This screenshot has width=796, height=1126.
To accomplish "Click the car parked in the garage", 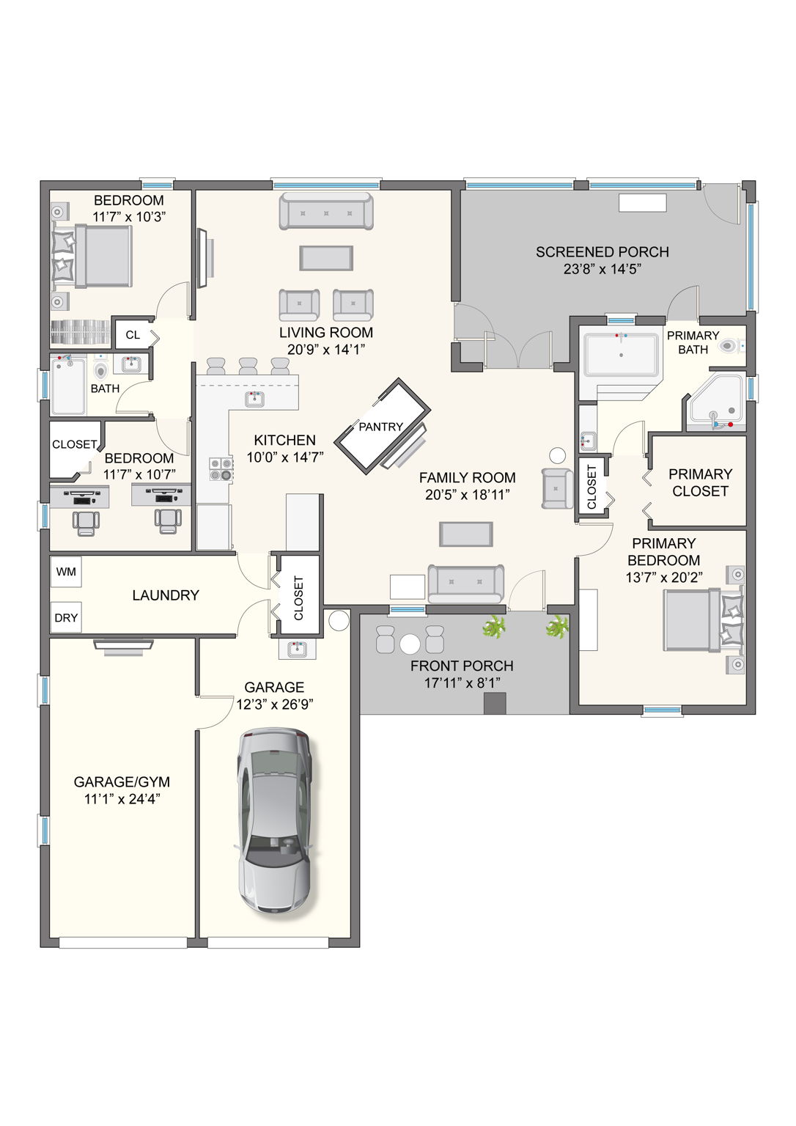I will pyautogui.click(x=275, y=821).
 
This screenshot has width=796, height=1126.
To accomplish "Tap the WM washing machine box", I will pyautogui.click(x=66, y=572).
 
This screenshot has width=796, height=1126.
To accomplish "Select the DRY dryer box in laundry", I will pyautogui.click(x=66, y=618).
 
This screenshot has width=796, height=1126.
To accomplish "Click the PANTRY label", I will pyautogui.click(x=380, y=427).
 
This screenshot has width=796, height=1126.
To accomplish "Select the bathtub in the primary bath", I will pyautogui.click(x=621, y=356).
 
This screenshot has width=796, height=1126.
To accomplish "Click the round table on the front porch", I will pyautogui.click(x=410, y=644).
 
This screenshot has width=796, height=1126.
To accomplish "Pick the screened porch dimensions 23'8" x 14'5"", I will pyautogui.click(x=602, y=269).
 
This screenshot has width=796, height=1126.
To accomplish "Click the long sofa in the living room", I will pyautogui.click(x=326, y=212).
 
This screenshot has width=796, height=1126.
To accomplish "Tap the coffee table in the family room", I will pyautogui.click(x=466, y=534).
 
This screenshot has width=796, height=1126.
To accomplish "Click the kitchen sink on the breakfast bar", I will pyautogui.click(x=254, y=399).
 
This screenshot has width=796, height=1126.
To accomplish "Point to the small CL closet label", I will pyautogui.click(x=133, y=335).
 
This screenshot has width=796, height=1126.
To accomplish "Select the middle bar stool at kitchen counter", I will pyautogui.click(x=248, y=367).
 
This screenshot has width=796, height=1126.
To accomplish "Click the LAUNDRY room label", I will pyautogui.click(x=166, y=595).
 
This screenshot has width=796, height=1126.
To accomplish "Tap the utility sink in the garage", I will pyautogui.click(x=297, y=649).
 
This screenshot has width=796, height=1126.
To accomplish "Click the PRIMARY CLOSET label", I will pyautogui.click(x=700, y=482).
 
